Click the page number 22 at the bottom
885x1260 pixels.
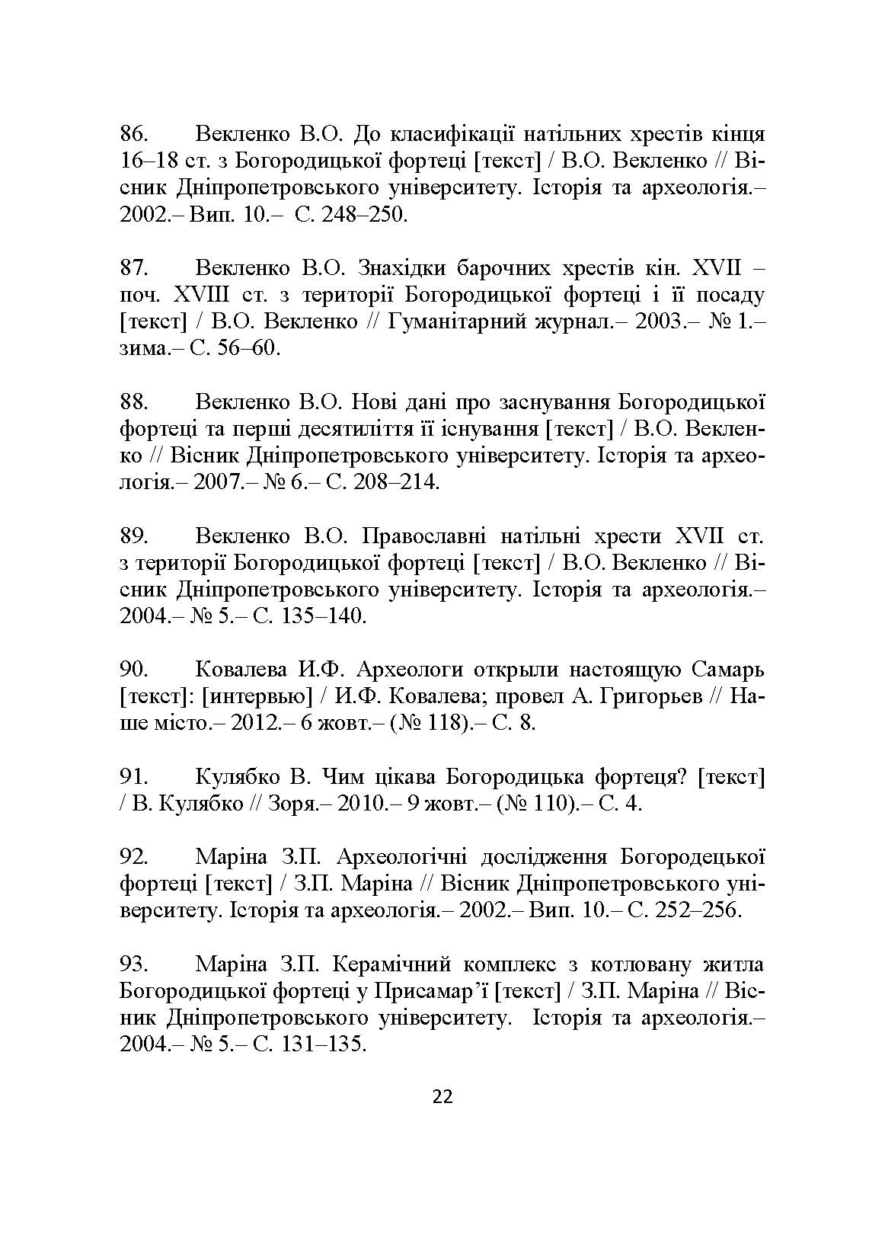tap(442, 1097)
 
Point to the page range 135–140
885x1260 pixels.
tap(323, 616)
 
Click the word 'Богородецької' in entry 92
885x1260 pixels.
tap(692, 857)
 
